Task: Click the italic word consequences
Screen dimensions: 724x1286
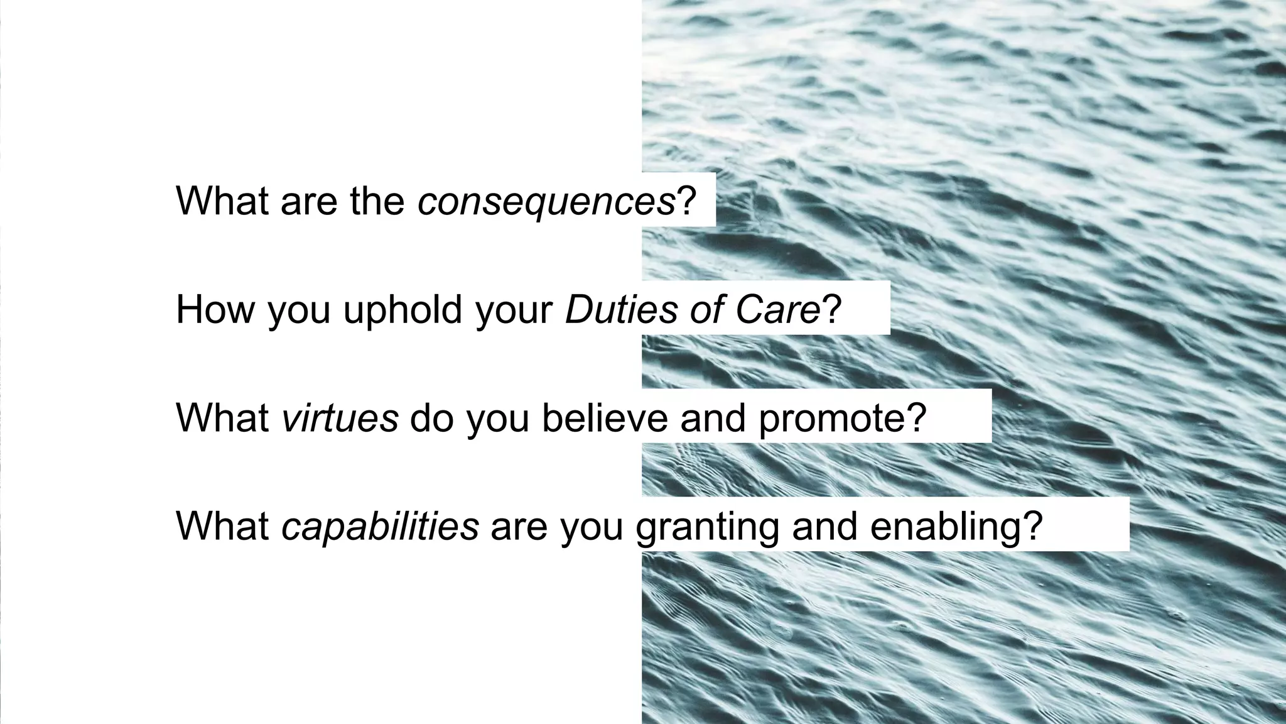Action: click(546, 201)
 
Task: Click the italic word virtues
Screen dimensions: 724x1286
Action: click(340, 417)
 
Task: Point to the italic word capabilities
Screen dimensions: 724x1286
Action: click(380, 526)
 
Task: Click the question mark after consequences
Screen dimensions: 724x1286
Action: click(686, 201)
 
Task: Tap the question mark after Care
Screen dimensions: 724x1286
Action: click(832, 309)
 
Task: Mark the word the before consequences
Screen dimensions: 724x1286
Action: click(377, 201)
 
